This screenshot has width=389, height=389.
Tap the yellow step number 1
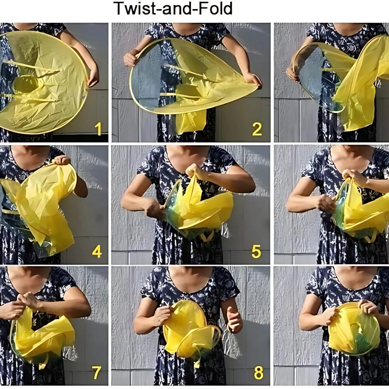[98, 129]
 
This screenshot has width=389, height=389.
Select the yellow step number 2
[257, 129]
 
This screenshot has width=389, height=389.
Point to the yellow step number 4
[97, 251]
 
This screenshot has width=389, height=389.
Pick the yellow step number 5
[256, 252]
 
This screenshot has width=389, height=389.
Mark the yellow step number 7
[96, 373]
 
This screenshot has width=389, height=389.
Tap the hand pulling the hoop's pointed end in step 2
[253, 80]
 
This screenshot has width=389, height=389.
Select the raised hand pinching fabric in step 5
[196, 171]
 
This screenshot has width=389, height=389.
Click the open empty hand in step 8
[234, 320]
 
